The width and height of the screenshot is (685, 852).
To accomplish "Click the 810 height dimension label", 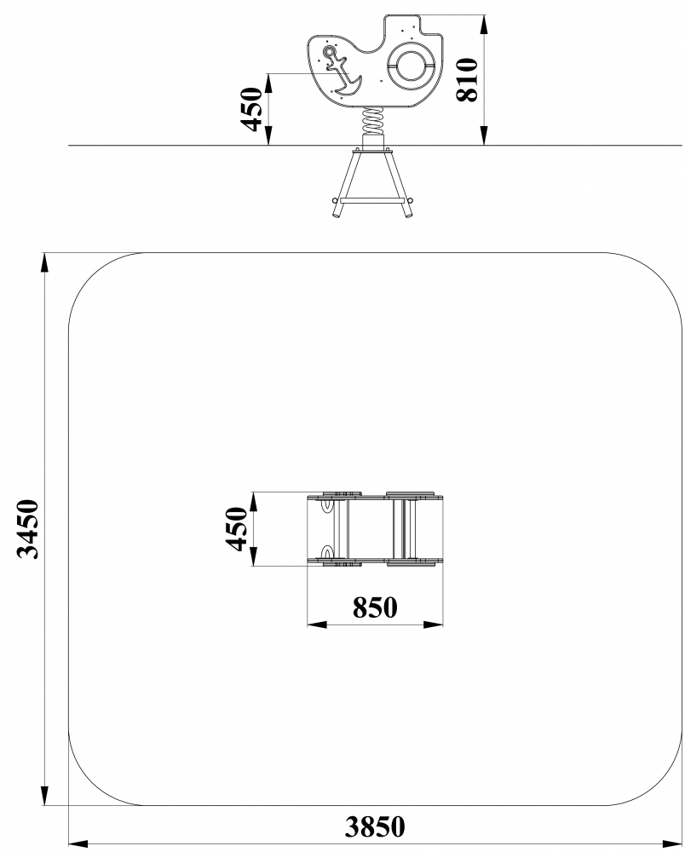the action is coord(467,80).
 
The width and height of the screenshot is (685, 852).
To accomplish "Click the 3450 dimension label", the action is coord(28,529).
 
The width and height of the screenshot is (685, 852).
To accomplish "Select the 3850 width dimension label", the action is coord(375,826).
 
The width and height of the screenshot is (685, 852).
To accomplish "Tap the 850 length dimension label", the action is coord(375,607).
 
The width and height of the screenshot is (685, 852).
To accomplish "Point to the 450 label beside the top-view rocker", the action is coord(238,529).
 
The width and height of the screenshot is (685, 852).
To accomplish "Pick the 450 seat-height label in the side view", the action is coord(251,109).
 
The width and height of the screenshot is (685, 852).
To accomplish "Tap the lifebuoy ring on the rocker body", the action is coord(412,66).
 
